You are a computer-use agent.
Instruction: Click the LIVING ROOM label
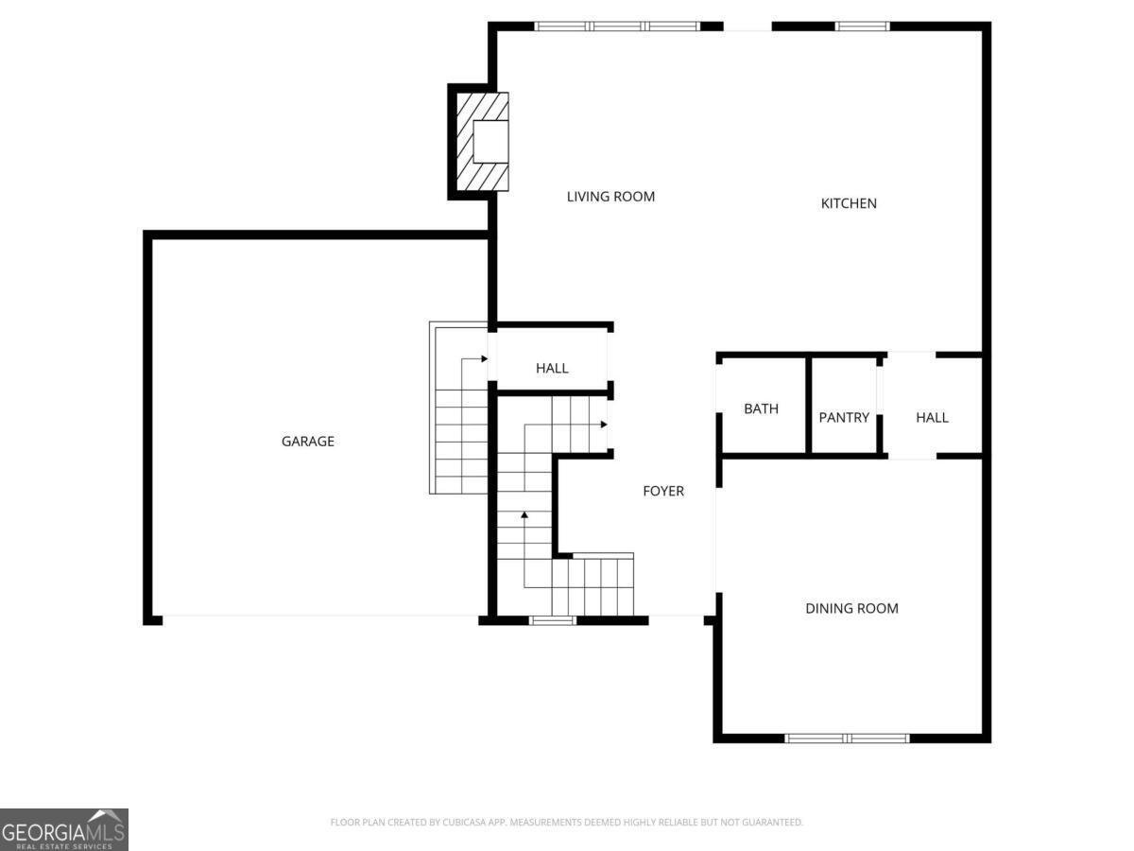[x=610, y=197]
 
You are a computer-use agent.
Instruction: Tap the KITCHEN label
[x=849, y=203]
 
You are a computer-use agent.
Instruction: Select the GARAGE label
[x=308, y=442]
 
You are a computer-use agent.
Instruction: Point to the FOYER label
[x=663, y=491]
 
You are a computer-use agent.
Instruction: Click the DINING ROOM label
[x=851, y=608]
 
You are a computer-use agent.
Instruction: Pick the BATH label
[x=761, y=409]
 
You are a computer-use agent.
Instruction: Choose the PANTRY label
[x=844, y=417]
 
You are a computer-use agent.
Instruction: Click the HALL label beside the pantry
[x=932, y=417]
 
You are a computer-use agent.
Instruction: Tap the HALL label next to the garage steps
[x=552, y=368]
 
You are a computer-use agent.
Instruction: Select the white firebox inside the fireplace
[x=490, y=142]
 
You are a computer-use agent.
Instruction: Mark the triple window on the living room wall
[x=618, y=26]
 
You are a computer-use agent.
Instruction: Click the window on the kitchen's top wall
[x=862, y=26]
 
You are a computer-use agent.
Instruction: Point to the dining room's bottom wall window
[x=847, y=738]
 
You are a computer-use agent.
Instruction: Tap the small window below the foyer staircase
[x=553, y=620]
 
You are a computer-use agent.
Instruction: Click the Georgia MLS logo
[x=64, y=829]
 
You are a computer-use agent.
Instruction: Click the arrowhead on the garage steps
[x=483, y=359]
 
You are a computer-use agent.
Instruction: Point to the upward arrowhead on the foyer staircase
[x=524, y=515]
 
